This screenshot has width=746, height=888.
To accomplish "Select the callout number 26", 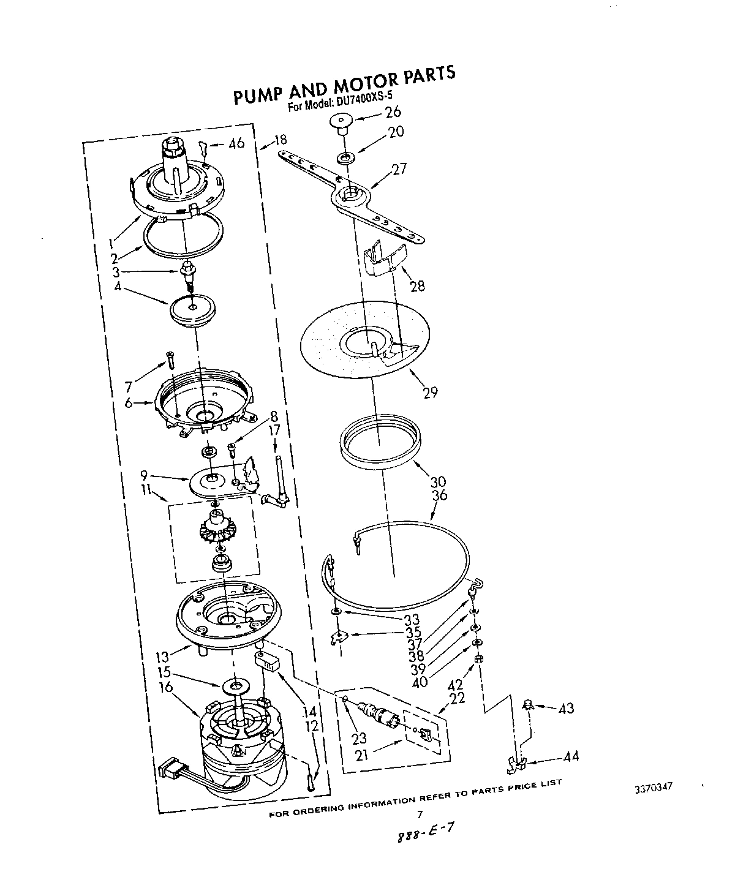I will pos(392,111).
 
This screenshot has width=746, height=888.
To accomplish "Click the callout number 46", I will pos(236,143).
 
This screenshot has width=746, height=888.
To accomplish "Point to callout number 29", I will pos(431,391).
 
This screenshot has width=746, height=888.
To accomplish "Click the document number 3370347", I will pos(655,788).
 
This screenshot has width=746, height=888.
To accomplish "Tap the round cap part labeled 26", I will pos(341,122).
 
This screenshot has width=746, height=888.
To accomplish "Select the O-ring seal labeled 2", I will pos(184,236).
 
